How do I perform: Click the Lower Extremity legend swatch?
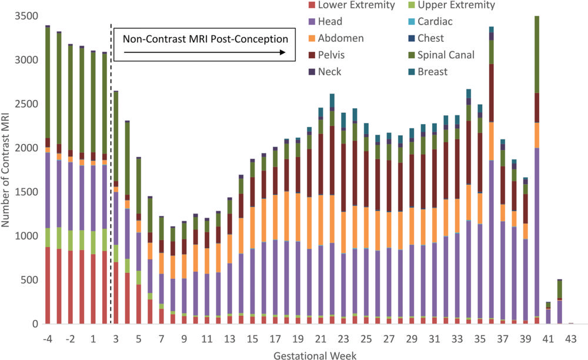click(312, 5)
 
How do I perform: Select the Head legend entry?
click(329, 22)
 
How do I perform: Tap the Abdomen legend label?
click(340, 38)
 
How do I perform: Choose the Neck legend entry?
click(329, 72)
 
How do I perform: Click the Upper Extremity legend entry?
click(455, 5)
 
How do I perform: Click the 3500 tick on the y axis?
click(26, 16)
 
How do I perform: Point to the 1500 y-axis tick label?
click(26, 192)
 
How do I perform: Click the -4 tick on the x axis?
click(48, 339)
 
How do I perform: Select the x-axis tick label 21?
click(320, 339)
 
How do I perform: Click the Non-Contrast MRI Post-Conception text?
click(205, 39)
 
